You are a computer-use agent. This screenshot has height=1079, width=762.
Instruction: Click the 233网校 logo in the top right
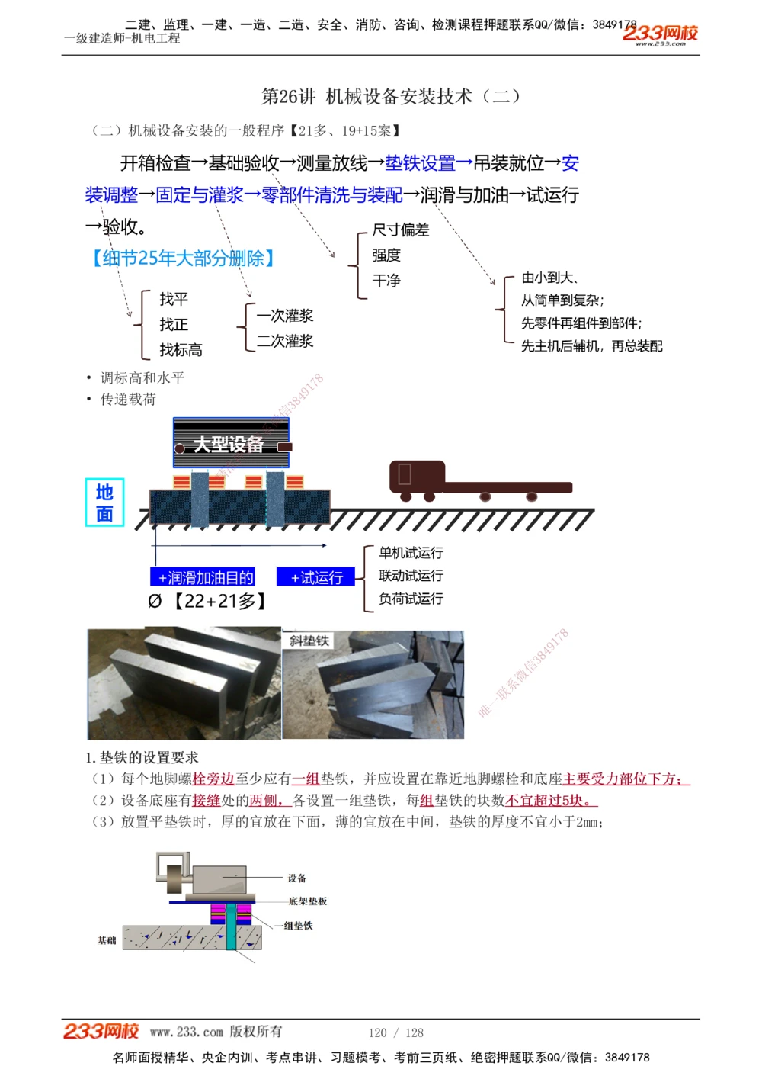coord(660,34)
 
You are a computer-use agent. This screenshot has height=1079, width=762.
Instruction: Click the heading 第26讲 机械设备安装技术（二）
coord(391,97)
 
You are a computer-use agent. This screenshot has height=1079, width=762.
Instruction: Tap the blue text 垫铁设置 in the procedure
coord(420,163)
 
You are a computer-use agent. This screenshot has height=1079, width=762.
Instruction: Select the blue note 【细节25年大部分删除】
coord(182,259)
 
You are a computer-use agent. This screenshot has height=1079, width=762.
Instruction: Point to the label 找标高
coord(181,350)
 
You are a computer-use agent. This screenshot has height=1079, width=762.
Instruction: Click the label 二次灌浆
coord(284,341)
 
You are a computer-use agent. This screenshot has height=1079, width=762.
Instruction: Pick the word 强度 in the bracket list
coord(386,255)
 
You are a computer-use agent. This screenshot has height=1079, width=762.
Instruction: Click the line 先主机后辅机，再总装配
coord(591,346)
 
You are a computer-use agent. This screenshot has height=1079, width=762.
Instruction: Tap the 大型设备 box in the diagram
coord(230,444)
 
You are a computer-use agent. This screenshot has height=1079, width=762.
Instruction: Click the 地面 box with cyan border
coord(104,503)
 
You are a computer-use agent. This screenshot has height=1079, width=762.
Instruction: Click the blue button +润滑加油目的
coord(203,577)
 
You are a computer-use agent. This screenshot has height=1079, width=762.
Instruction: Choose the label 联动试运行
coord(411,576)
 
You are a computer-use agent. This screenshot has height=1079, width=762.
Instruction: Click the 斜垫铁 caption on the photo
coord(309,641)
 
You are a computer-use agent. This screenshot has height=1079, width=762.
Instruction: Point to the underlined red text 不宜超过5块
coord(551,801)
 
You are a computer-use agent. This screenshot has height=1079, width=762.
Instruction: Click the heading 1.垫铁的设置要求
coord(142,757)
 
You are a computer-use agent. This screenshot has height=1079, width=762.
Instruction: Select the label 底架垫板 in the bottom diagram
coord(307,901)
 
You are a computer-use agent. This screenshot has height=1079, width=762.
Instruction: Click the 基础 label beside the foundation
coord(107,940)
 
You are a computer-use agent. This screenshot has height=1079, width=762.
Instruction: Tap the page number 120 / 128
coord(395,1032)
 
